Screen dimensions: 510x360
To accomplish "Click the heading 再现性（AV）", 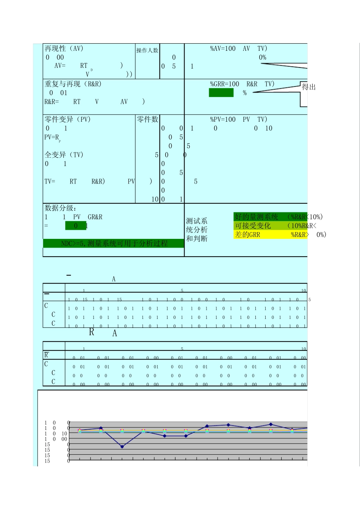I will tap(64, 49).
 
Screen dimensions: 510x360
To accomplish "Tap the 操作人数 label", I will tap(147, 50).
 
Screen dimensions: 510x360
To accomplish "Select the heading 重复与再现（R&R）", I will tap(73, 84).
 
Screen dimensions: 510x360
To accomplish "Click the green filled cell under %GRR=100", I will tap(221, 93).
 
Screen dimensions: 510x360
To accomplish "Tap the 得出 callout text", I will tap(308, 87).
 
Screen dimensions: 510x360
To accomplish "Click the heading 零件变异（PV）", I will tap(67, 119).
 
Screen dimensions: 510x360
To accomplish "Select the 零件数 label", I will tap(147, 119).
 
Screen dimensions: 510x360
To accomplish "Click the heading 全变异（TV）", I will tap(64, 155).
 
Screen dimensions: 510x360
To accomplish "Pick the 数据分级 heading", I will tap(61, 208).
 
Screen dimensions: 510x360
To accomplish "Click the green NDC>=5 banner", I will tap(114, 243).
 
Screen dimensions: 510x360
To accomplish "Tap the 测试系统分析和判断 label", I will tap(196, 230).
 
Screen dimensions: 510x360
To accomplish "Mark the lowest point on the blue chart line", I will tap(122, 447).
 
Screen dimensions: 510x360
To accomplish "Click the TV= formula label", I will tap(50, 182).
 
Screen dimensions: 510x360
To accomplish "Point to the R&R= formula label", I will tap(52, 102).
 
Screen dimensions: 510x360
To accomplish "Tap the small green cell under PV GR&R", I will tap(76, 226).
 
